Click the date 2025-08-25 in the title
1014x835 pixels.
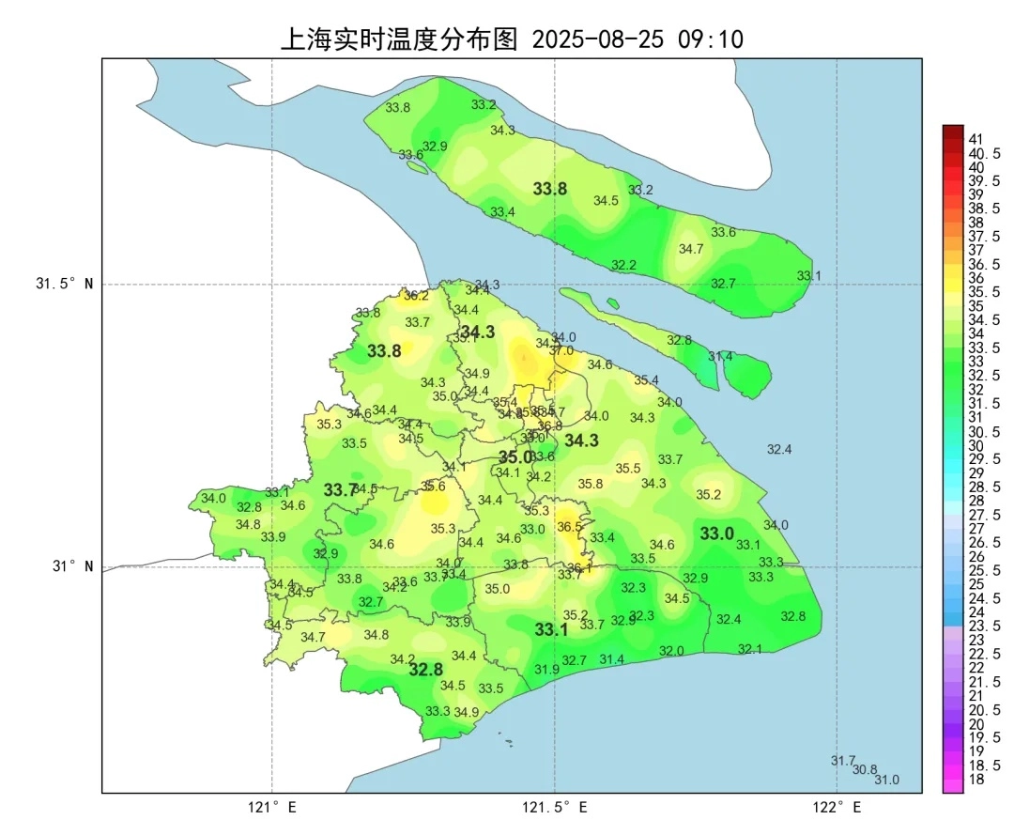pyautogui.click(x=597, y=39)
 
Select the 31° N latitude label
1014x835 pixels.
pyautogui.click(x=71, y=566)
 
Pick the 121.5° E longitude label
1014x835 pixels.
pyautogui.click(x=555, y=807)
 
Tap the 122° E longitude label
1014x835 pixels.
pyautogui.click(x=837, y=807)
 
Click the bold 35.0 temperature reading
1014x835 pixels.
pyautogui.click(x=515, y=457)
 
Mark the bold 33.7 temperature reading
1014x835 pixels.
pyautogui.click(x=340, y=490)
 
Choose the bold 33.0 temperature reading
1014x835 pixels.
pyautogui.click(x=716, y=533)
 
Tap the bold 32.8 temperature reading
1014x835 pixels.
pyautogui.click(x=425, y=670)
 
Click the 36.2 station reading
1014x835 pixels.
pyautogui.click(x=416, y=295)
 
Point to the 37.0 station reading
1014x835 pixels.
pyautogui.click(x=561, y=350)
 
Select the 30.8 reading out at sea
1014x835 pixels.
pyautogui.click(x=865, y=769)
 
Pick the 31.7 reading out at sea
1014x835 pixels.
pyautogui.click(x=843, y=760)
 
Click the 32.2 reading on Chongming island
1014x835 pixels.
pyautogui.click(x=623, y=265)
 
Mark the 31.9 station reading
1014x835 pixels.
pyautogui.click(x=546, y=669)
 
